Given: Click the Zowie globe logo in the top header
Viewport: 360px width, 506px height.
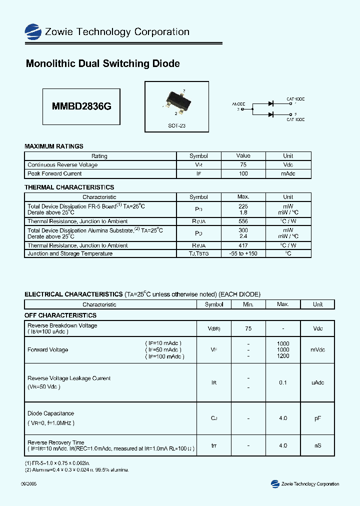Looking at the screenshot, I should [x=33, y=31].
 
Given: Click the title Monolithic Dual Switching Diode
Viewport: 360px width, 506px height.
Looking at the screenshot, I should [x=102, y=64].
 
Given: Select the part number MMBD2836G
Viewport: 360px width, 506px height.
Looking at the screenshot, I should [x=81, y=106].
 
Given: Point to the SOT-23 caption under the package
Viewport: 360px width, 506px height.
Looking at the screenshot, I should [x=176, y=126].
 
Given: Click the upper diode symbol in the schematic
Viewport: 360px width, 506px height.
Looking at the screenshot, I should [x=270, y=103].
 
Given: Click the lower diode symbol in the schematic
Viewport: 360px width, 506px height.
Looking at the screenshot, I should [x=270, y=114].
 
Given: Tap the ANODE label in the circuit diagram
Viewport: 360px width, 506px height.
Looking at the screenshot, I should [x=238, y=104].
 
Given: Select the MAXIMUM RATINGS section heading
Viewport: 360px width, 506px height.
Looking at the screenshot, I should [x=54, y=146].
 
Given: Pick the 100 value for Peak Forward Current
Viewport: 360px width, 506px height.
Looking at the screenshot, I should [x=243, y=173].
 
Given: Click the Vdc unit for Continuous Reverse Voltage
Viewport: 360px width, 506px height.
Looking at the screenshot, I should [x=288, y=164].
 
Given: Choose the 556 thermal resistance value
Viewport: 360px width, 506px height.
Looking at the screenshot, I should [x=243, y=221].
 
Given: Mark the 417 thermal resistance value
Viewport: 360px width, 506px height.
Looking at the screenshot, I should [x=243, y=245].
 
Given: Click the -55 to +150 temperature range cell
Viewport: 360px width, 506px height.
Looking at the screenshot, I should [x=243, y=253].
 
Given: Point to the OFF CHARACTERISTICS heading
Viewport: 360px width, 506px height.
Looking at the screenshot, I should [x=60, y=315].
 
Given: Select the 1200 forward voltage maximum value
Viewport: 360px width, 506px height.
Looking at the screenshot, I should [x=283, y=356].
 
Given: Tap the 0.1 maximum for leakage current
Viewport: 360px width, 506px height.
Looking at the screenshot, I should [x=283, y=382].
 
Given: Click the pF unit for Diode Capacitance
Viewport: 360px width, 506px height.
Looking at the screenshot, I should [x=317, y=418].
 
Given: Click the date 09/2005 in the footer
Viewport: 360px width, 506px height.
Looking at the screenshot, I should [x=28, y=484].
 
